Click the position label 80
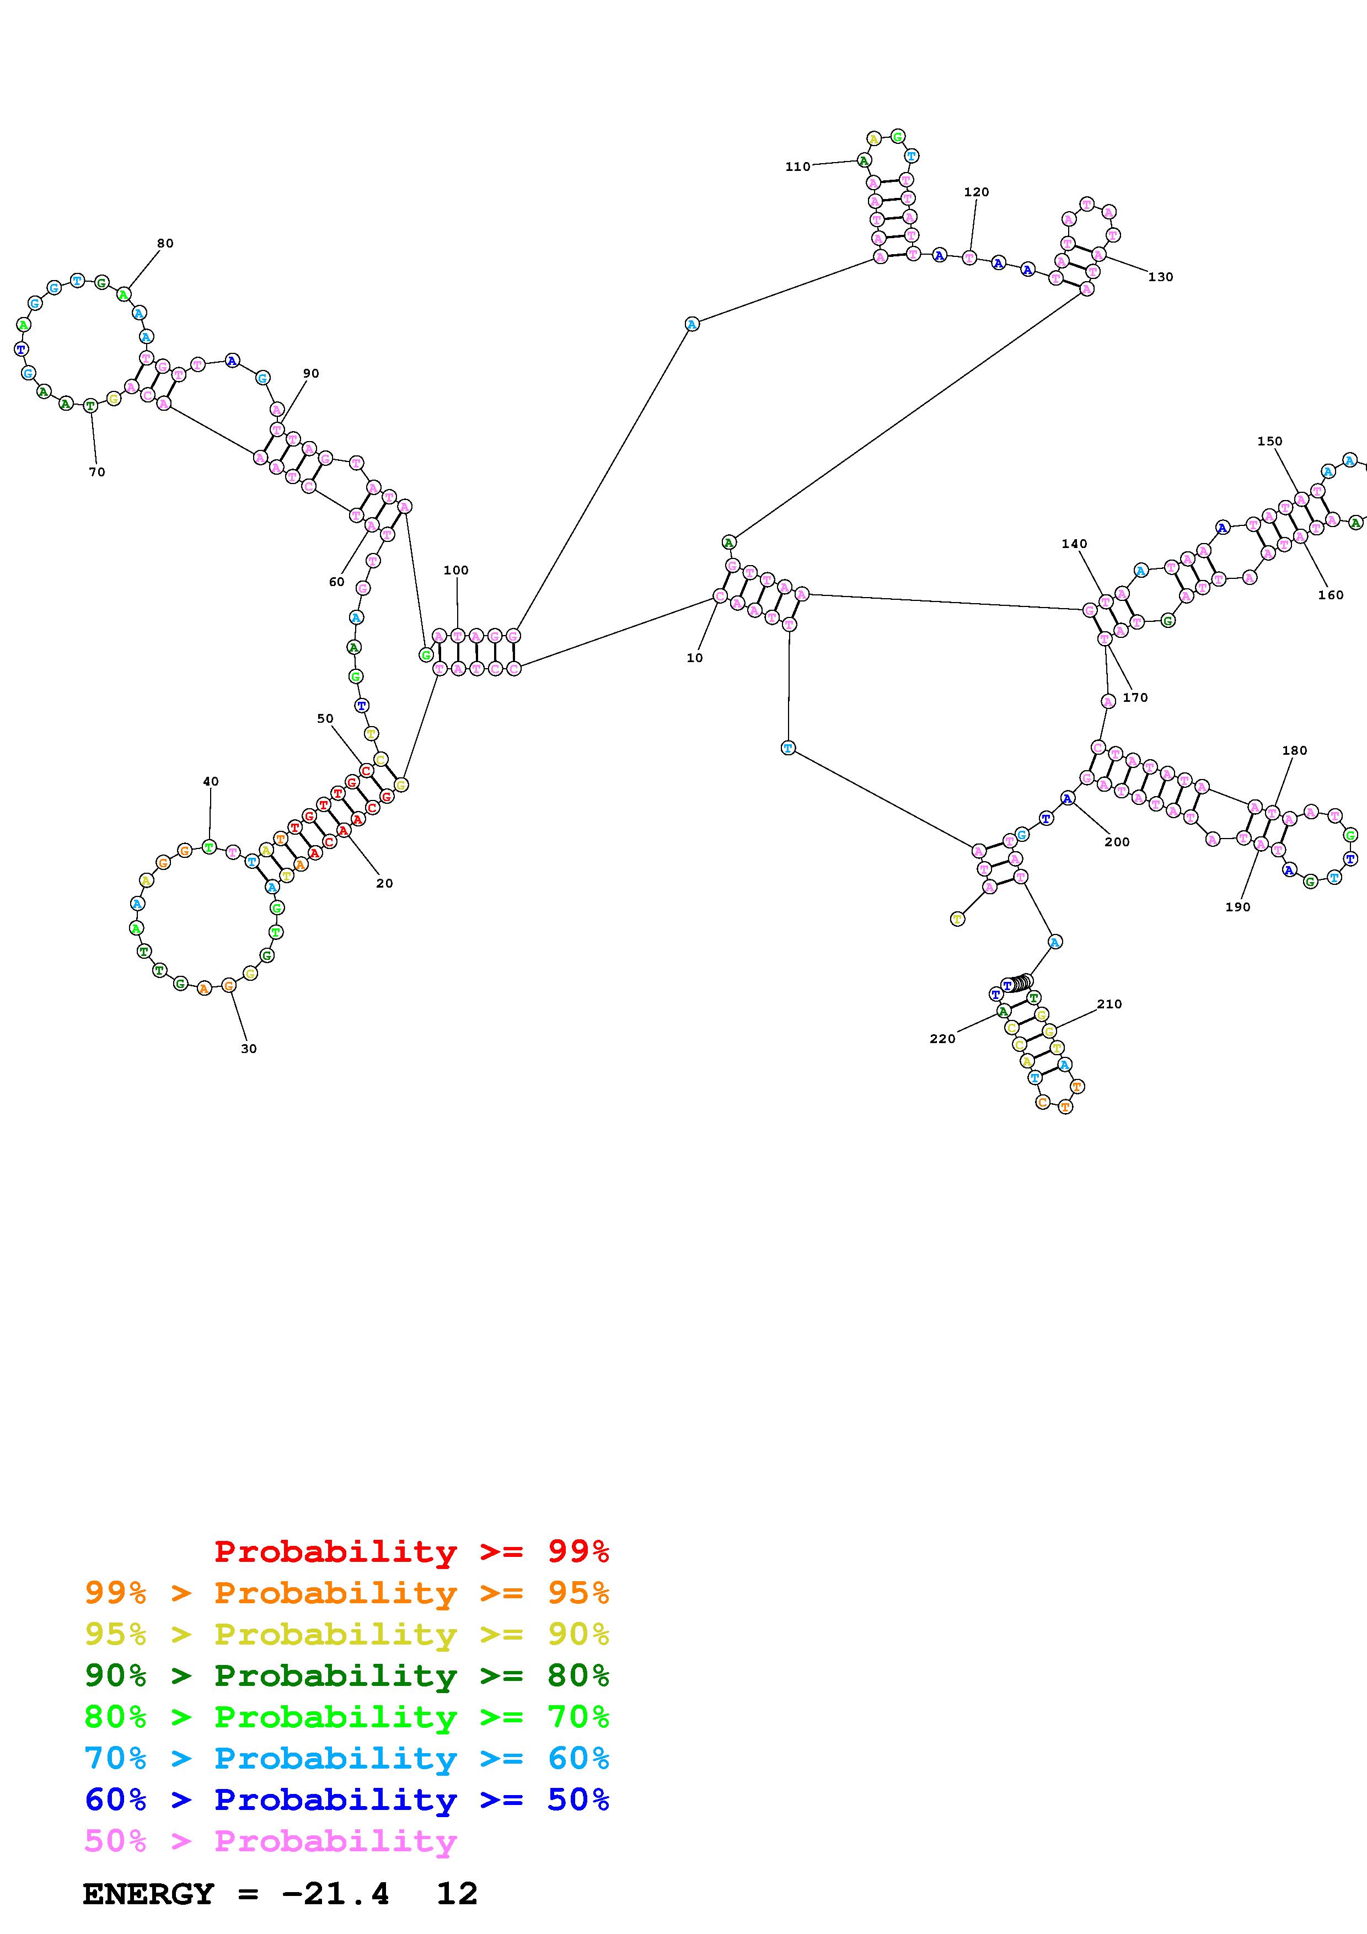pyautogui.click(x=165, y=244)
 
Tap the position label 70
pyautogui.click(x=97, y=472)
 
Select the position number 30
pyautogui.click(x=249, y=1049)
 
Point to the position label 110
pyautogui.click(x=797, y=167)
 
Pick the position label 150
pyautogui.click(x=1269, y=442)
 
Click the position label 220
pyautogui.click(x=942, y=1039)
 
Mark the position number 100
pyautogui.click(x=455, y=570)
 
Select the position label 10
pyautogui.click(x=694, y=658)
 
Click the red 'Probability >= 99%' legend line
pyautogui.click(x=411, y=1551)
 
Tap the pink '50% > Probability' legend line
pyautogui.click(x=270, y=1841)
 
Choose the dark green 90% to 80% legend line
pyautogui.click(x=346, y=1675)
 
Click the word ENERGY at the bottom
pyautogui.click(x=148, y=1894)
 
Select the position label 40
pyautogui.click(x=211, y=782)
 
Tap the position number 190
pyautogui.click(x=1237, y=907)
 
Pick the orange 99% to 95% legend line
pyautogui.click(x=346, y=1593)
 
